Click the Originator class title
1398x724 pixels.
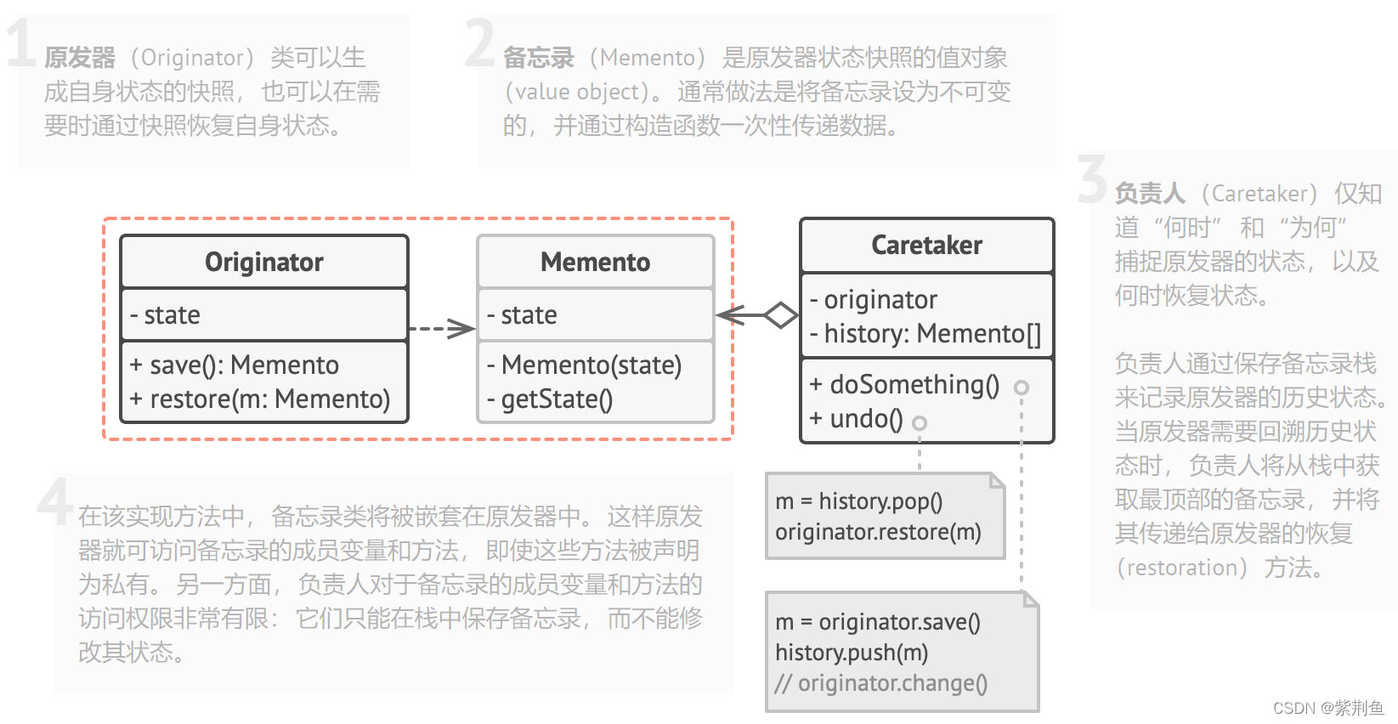[263, 262]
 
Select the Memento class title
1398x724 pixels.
[595, 262]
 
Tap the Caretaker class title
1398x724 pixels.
[926, 245]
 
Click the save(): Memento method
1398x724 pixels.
[235, 365]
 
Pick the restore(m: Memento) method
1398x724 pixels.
[260, 399]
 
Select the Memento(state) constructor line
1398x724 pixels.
[585, 365]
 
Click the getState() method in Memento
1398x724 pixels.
[550, 399]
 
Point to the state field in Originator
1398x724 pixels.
[166, 315]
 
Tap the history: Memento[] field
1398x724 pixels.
[925, 334]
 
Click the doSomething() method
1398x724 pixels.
[904, 385]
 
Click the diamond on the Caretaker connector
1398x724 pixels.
[780, 315]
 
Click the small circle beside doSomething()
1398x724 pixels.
[1022, 387]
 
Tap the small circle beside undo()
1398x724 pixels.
[920, 422]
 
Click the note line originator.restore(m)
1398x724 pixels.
[878, 533]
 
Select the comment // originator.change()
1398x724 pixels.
[881, 683]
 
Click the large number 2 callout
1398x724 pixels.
[480, 42]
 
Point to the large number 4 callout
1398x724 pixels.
[55, 501]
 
